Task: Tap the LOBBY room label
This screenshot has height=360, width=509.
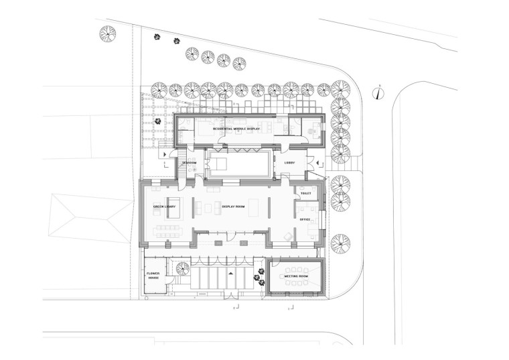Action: point(289,162)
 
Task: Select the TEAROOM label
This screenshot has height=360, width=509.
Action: point(189,163)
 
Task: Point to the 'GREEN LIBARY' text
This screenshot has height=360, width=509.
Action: point(164,207)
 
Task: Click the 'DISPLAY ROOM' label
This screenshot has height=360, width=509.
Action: point(234,207)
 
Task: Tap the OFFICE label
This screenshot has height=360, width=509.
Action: point(305,219)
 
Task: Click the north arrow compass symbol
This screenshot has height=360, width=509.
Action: point(378,93)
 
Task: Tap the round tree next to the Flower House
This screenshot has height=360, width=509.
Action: point(180,268)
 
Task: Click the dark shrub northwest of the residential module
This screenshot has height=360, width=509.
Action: point(157,121)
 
